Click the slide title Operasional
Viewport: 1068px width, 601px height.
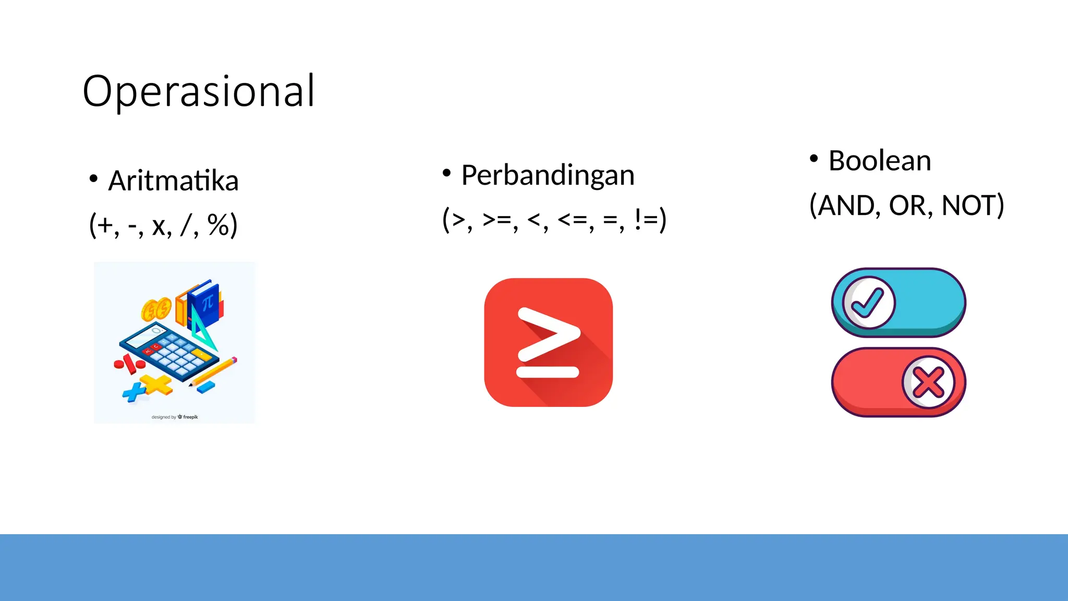pyautogui.click(x=199, y=91)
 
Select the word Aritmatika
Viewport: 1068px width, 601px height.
pyautogui.click(x=173, y=181)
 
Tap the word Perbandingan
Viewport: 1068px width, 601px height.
pyautogui.click(x=548, y=175)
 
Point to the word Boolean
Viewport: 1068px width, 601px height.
pyautogui.click(x=879, y=161)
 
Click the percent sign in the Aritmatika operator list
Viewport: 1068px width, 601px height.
pyautogui.click(x=219, y=225)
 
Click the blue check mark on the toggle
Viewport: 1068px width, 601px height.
pyautogui.click(x=868, y=303)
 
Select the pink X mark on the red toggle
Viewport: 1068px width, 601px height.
pyautogui.click(x=928, y=382)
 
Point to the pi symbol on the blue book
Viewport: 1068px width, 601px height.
pyautogui.click(x=208, y=302)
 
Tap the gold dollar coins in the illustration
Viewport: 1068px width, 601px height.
pyautogui.click(x=156, y=310)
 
